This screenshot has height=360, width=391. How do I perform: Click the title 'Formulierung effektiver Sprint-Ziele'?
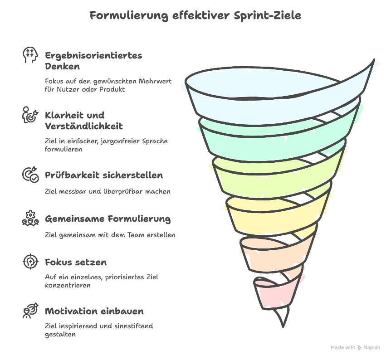(x=195, y=15)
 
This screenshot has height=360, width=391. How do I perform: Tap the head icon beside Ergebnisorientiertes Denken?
(x=30, y=55)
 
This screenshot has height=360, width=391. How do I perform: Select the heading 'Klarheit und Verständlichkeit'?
(x=84, y=120)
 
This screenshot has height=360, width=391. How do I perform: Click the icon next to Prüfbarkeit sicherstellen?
(x=30, y=175)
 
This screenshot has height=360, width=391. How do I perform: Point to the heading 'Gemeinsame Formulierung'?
(x=108, y=219)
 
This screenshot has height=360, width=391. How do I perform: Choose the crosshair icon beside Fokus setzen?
(x=30, y=262)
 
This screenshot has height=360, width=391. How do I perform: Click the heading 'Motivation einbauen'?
(x=94, y=311)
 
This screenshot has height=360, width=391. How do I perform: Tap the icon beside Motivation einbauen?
(x=30, y=311)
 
